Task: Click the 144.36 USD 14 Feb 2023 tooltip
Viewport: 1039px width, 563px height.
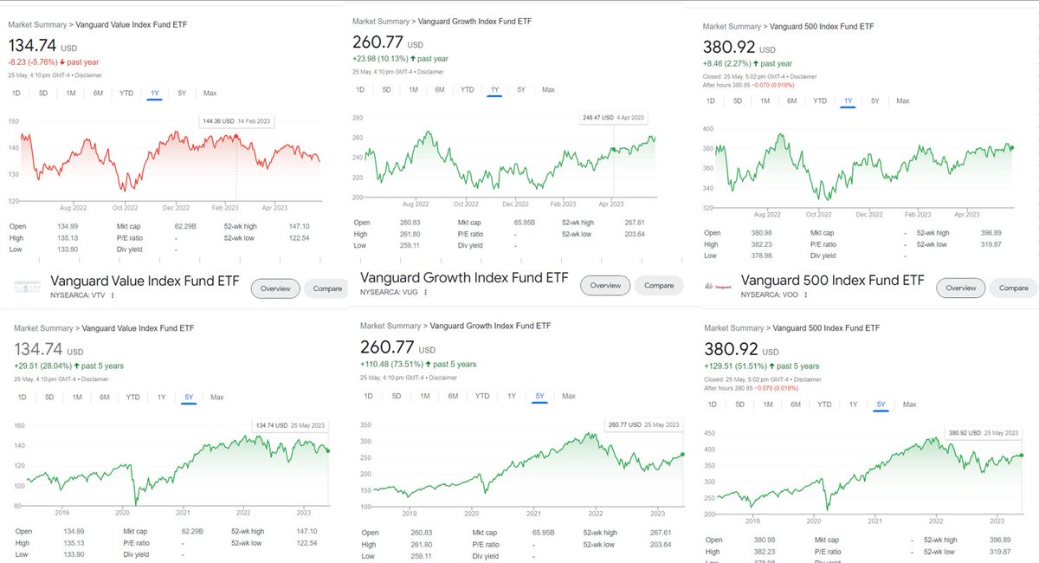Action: pyautogui.click(x=236, y=121)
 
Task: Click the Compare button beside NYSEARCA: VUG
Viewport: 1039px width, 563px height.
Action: pyautogui.click(x=659, y=285)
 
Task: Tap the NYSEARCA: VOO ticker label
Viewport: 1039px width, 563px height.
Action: pyautogui.click(x=771, y=294)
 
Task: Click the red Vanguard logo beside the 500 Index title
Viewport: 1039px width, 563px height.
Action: pyautogui.click(x=715, y=285)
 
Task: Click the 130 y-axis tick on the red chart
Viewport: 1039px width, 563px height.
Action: pyautogui.click(x=12, y=174)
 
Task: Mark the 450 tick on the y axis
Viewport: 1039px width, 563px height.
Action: pyautogui.click(x=709, y=433)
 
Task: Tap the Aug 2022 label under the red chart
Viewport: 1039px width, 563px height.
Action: pyautogui.click(x=75, y=208)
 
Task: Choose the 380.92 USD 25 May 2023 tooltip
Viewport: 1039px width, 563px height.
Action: pyautogui.click(x=983, y=432)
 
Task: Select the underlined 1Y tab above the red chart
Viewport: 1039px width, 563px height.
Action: pyautogui.click(x=155, y=93)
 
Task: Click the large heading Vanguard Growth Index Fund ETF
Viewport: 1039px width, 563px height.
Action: pyautogui.click(x=465, y=279)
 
